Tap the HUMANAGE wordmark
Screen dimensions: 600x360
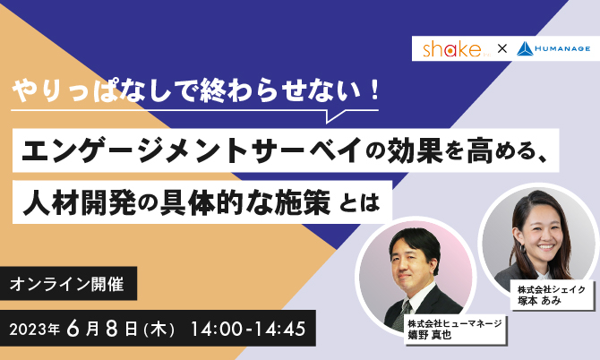(x=562, y=49)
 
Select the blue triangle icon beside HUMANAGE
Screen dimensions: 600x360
(x=525, y=49)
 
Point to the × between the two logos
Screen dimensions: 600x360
(x=502, y=48)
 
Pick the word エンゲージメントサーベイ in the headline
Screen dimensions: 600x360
(x=193, y=150)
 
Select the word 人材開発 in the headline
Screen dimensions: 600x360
(x=79, y=202)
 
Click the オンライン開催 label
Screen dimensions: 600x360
(x=67, y=284)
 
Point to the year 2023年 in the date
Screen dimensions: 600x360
(x=34, y=329)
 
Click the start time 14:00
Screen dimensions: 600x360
(x=216, y=329)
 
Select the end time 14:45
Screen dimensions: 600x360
(x=280, y=329)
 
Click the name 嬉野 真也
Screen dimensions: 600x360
(x=430, y=335)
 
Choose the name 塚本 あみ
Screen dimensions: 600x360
(x=539, y=301)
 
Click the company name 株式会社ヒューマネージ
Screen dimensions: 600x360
(x=455, y=323)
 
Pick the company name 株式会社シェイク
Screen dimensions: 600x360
(x=552, y=289)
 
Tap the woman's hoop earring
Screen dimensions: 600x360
(x=521, y=249)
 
